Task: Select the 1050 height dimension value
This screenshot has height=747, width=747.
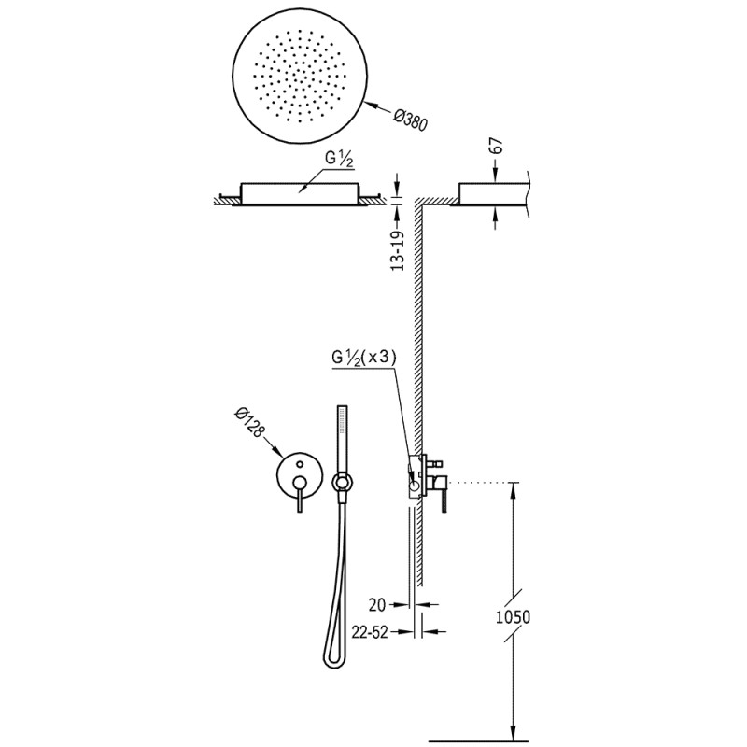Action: [513, 617]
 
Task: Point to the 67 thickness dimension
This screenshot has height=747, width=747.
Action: [496, 145]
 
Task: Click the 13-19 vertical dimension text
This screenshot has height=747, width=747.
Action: [398, 251]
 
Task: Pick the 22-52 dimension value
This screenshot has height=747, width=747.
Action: [370, 632]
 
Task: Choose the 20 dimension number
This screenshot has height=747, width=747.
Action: [377, 605]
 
